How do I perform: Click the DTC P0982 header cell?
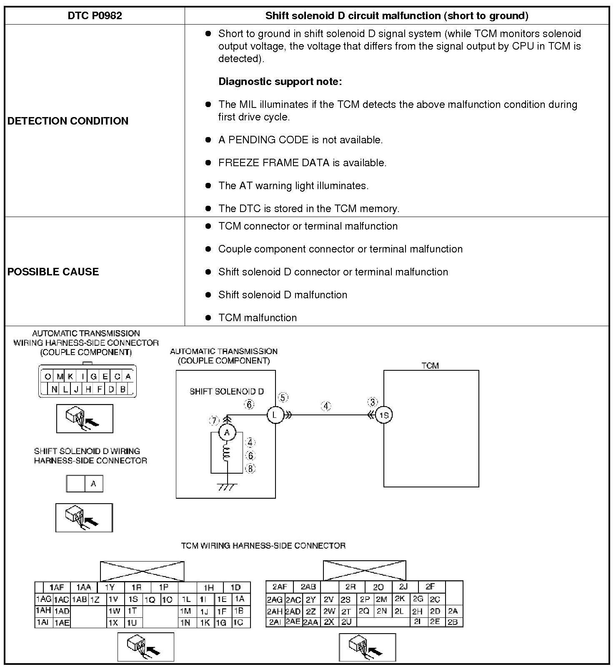pos(95,16)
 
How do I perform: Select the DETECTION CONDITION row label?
pos(68,121)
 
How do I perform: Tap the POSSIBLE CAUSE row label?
pos(53,272)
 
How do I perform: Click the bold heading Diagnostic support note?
pos(280,82)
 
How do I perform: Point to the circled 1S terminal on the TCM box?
pos(384,415)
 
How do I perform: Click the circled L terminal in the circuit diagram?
pos(275,415)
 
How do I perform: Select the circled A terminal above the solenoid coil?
pos(227,432)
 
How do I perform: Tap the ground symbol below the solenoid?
pos(227,486)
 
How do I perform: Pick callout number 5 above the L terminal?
pos(283,397)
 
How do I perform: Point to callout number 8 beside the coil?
pos(250,469)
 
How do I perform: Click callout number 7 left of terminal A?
pos(214,421)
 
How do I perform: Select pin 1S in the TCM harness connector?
pos(133,599)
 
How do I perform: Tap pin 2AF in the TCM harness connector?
pos(280,587)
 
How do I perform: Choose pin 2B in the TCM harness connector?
pos(453,622)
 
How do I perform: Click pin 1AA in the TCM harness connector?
pos(83,587)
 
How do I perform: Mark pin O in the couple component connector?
pos(48,377)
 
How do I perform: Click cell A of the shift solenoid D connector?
pos(93,484)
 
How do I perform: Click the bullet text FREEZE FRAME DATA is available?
pos(302,163)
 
